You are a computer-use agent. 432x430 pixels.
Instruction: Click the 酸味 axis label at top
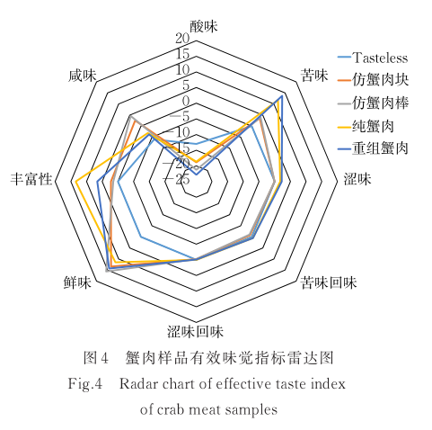coord(204,26)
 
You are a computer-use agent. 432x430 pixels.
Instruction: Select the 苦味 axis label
coord(314,76)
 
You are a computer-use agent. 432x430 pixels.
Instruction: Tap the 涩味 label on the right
coord(357,179)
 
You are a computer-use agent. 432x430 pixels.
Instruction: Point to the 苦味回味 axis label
coord(329,282)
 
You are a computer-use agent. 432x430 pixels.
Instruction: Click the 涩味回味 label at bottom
coord(195,332)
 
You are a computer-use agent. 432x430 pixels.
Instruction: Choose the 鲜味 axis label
coord(77,282)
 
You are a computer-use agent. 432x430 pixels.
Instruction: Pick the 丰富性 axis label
coord(31,179)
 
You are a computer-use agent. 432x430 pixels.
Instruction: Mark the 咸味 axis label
coord(83,76)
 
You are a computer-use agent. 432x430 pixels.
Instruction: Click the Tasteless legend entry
coord(373,58)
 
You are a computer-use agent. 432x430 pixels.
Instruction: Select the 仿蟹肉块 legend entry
coord(374,80)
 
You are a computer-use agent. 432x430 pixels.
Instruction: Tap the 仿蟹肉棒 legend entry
coord(374,103)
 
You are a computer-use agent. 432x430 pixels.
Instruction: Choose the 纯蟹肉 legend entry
coord(366,126)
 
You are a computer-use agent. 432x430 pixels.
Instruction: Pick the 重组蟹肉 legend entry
coord(374,148)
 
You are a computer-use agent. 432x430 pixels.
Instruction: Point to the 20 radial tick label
coord(182,39)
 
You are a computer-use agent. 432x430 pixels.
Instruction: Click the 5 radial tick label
coord(186,85)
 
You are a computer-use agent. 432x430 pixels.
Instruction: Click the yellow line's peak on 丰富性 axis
coord(75,181)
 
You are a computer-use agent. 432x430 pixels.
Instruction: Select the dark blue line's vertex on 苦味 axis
coord(282,96)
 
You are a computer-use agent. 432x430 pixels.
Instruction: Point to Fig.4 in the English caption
coord(85,384)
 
